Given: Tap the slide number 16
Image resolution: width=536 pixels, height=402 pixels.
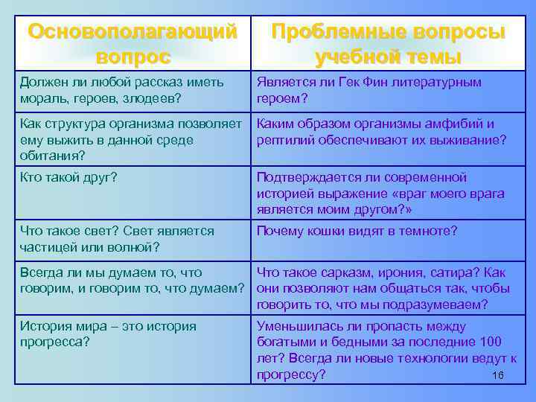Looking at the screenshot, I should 498,374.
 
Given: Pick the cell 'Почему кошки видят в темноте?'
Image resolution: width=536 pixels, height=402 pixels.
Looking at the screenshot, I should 357,231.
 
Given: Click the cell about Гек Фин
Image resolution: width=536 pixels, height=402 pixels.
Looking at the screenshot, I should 368,89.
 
